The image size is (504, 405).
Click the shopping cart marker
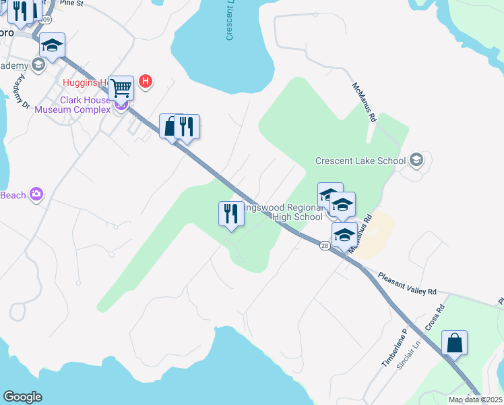121,87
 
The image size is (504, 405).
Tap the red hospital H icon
145,82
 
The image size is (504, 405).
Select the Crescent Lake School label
360,161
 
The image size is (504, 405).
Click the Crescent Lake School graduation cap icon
417,160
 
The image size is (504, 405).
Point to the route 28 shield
325,246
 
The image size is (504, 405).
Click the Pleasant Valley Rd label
407,283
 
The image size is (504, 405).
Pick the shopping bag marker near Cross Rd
455,343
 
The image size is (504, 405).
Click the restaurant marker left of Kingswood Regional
231,214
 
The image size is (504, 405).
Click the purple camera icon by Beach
36,195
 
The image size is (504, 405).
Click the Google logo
22,397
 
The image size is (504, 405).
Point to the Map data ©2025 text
475,400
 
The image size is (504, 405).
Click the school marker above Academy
52,46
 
